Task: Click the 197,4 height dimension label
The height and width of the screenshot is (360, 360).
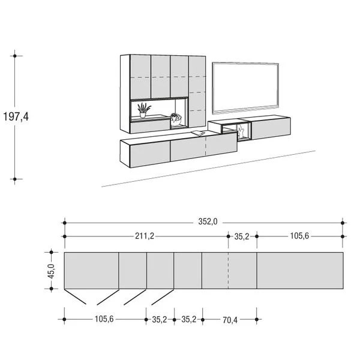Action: tap(16, 116)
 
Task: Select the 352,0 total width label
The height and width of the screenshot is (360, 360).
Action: tap(208, 222)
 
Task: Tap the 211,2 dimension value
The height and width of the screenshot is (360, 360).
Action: tap(145, 236)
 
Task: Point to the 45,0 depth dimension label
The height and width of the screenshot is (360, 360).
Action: tap(51, 271)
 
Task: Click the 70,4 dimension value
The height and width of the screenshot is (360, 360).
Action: tap(230, 320)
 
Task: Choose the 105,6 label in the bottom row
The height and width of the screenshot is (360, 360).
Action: tap(104, 319)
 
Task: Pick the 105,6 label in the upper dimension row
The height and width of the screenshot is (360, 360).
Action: tap(299, 236)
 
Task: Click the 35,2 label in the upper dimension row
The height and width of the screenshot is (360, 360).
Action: tap(242, 236)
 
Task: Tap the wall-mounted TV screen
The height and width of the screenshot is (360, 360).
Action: tap(245, 88)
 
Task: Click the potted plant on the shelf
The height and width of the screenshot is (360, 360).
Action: tap(143, 110)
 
